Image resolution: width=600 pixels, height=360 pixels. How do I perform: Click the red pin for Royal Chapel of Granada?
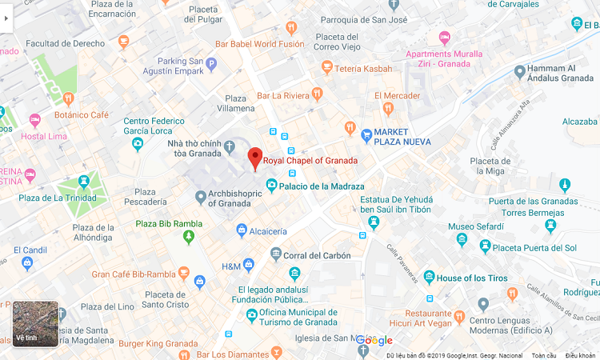point(255,158)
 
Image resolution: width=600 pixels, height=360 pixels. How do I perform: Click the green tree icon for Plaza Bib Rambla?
point(189,238)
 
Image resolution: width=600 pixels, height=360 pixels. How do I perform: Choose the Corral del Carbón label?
point(318,256)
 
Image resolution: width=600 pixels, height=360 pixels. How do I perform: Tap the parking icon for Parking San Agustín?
point(211,64)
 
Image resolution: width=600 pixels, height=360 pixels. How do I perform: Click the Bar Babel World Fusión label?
point(260,45)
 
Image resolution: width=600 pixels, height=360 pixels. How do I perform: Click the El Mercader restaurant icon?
point(388,109)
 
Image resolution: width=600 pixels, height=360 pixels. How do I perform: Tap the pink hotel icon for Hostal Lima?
point(34,120)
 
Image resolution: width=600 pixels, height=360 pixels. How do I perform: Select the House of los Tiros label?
point(472,278)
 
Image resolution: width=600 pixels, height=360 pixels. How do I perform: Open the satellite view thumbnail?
point(35,323)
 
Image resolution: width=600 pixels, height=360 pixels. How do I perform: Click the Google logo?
point(374,340)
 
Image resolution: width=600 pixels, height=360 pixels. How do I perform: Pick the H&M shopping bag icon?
point(248,265)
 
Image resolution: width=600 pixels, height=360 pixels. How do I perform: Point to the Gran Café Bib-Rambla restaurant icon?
point(183,274)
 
